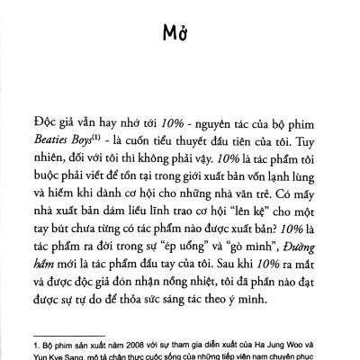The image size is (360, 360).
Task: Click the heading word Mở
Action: pyautogui.click(x=180, y=33)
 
